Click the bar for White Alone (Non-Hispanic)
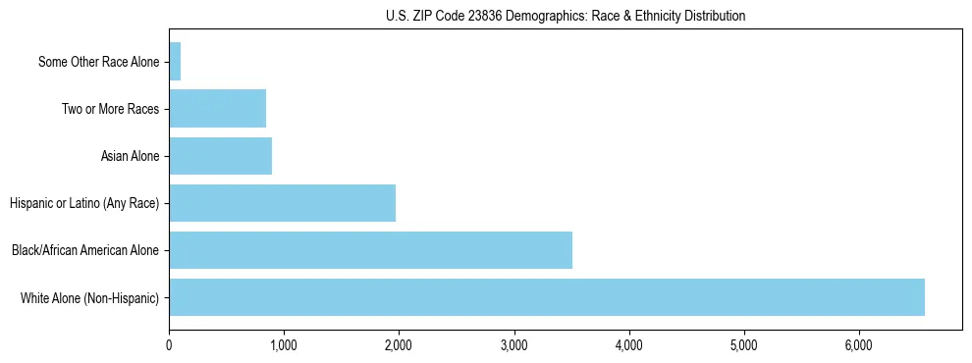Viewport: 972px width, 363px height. (x=547, y=297)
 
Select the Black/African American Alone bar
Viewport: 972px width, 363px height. (x=370, y=250)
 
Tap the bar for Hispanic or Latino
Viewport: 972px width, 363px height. (x=282, y=203)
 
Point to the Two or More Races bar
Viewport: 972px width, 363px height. (x=217, y=109)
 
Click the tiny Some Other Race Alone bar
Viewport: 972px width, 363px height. (x=175, y=62)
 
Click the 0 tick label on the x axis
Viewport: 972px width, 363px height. (x=169, y=345)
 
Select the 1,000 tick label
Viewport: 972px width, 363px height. (x=284, y=345)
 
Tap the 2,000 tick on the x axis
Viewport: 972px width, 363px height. (x=399, y=345)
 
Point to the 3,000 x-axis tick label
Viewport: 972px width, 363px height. (x=513, y=345)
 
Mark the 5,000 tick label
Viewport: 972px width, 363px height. (x=743, y=345)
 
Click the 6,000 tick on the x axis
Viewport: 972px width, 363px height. (x=859, y=345)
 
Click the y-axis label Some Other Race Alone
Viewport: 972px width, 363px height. (x=98, y=62)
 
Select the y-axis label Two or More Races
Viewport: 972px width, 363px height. (x=110, y=109)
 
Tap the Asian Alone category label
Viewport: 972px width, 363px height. (x=130, y=156)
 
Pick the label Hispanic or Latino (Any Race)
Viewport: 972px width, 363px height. (x=84, y=203)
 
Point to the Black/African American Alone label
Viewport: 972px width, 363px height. (x=85, y=250)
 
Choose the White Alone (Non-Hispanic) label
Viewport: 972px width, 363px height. (x=90, y=297)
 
